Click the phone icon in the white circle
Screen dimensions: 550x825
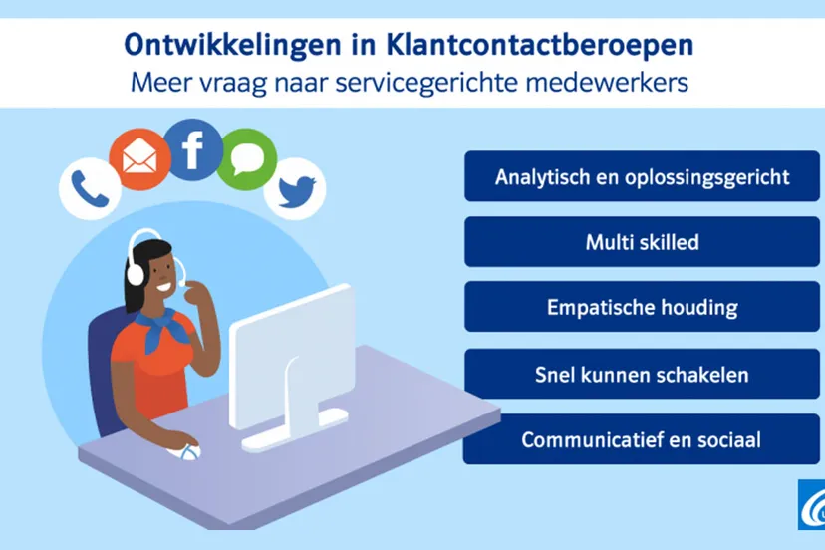(88, 188)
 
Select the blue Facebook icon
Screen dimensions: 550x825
(192, 149)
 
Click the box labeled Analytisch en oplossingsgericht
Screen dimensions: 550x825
(642, 177)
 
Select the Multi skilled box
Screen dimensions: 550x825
(642, 242)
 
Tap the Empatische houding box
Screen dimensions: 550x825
(642, 308)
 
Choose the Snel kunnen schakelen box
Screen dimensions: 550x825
(642, 375)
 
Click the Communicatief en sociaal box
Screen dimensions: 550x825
(642, 439)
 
